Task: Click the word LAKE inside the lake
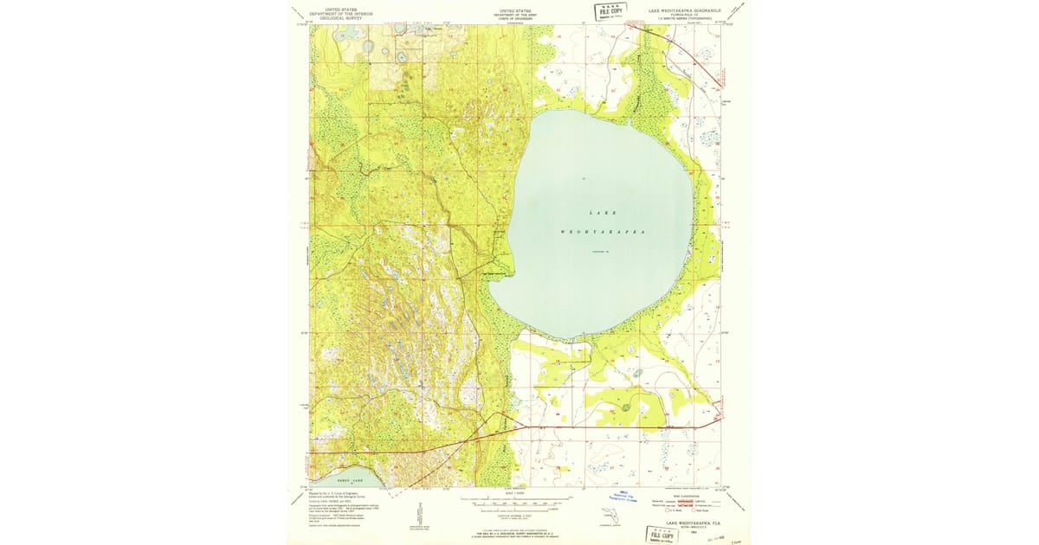tap(603, 212)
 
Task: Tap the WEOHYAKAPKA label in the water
tap(603, 233)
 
